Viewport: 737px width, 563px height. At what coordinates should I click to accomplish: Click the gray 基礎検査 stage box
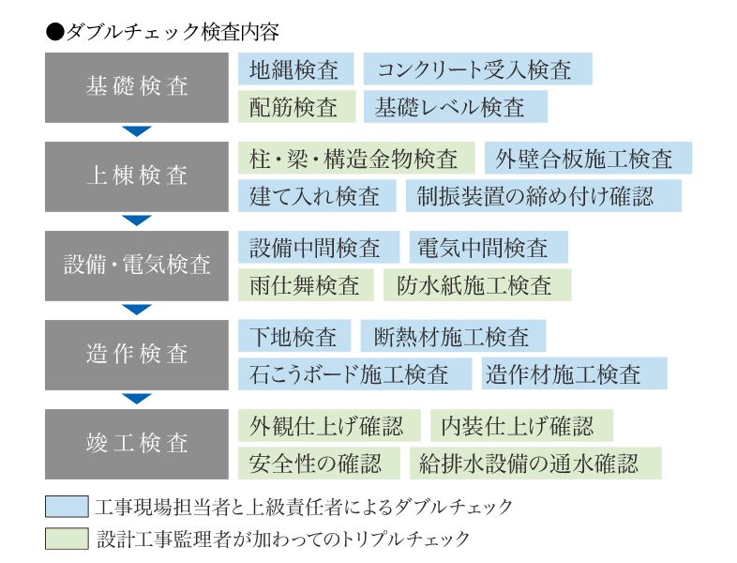[137, 87]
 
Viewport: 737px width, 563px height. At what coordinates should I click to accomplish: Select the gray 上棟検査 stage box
[137, 176]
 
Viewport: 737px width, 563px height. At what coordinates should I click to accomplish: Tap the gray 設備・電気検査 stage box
[137, 266]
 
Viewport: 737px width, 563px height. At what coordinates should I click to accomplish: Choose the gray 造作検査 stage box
[137, 355]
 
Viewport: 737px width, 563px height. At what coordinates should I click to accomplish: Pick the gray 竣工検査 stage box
[137, 444]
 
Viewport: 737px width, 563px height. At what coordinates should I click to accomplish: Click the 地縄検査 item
[295, 68]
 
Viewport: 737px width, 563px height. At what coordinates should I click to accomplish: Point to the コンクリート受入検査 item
[477, 68]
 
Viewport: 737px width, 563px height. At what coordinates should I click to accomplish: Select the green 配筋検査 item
[296, 107]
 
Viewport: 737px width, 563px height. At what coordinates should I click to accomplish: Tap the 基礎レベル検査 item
[456, 107]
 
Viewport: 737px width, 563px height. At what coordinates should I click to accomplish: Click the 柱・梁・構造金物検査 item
[356, 158]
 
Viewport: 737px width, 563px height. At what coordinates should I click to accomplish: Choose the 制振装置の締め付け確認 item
[543, 196]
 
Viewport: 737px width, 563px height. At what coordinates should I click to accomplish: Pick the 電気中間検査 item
[489, 247]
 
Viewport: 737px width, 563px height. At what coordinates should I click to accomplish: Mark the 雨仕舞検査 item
[306, 285]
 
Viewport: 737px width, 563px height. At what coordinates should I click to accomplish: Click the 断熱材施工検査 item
[453, 336]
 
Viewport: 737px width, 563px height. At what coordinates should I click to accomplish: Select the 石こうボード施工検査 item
[354, 373]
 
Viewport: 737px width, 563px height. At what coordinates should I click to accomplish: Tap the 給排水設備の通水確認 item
[535, 464]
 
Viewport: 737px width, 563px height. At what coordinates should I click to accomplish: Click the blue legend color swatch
[67, 507]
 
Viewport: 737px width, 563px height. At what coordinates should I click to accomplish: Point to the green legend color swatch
[67, 539]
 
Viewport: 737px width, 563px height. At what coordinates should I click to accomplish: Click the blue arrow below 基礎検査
[136, 131]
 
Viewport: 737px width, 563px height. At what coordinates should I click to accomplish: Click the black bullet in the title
[55, 33]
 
